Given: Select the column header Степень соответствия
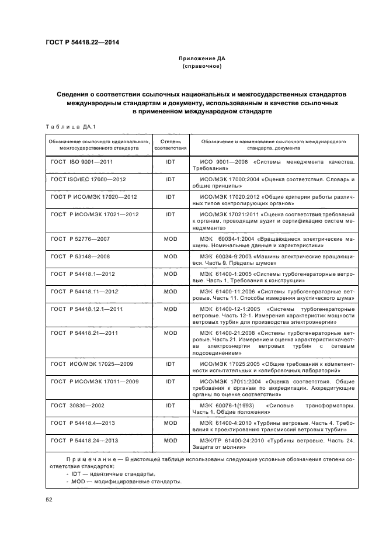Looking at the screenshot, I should [x=170, y=144].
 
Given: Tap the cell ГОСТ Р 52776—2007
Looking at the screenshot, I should [x=80, y=239].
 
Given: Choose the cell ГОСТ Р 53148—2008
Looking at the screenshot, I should [x=80, y=256].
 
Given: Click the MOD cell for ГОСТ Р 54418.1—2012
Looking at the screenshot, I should [x=170, y=273].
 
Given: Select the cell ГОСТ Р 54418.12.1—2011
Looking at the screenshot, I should [x=86, y=309].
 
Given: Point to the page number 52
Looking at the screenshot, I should [x=48, y=499].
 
